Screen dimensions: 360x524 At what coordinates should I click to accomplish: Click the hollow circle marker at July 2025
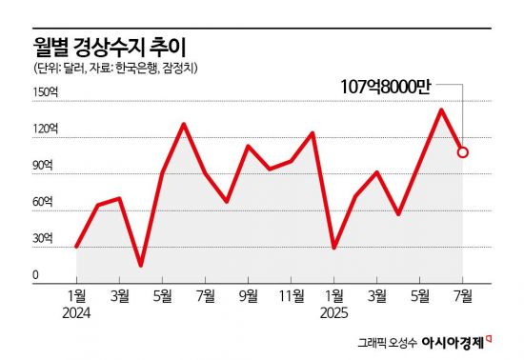(462, 151)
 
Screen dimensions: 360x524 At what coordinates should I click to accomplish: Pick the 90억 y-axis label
(46, 166)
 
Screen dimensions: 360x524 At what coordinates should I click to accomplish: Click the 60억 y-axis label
(46, 202)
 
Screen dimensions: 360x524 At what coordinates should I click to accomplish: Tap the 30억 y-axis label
(46, 239)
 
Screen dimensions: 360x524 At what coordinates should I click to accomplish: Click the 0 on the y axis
(36, 276)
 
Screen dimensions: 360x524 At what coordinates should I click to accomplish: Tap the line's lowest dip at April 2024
(141, 265)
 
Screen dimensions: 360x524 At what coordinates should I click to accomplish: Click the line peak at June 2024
(183, 124)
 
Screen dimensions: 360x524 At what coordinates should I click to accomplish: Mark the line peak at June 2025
(441, 110)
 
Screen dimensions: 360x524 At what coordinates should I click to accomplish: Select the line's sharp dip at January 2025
(334, 248)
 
